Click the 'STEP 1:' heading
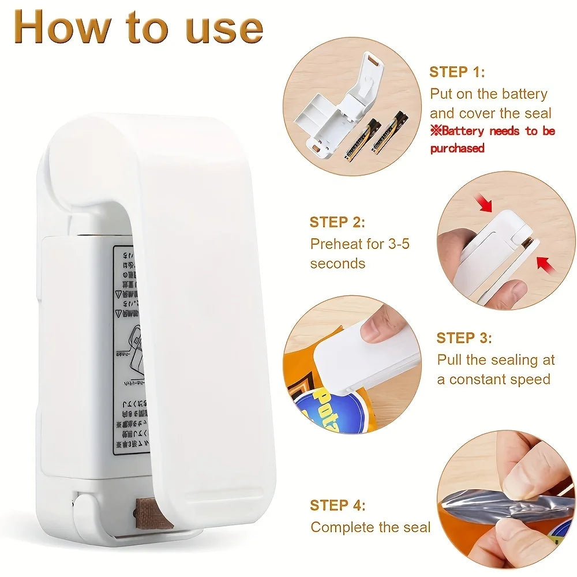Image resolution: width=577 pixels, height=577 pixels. click(457, 72)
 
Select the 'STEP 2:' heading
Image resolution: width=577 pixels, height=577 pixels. click(337, 223)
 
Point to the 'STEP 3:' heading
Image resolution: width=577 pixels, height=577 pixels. click(464, 338)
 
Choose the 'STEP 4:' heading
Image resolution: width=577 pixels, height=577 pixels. click(338, 505)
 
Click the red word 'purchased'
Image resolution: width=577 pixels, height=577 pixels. click(457, 148)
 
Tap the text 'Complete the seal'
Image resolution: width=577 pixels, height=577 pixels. click(370, 527)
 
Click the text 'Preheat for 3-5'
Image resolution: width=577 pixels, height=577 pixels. click(359, 243)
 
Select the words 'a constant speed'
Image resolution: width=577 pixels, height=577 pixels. click(493, 380)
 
